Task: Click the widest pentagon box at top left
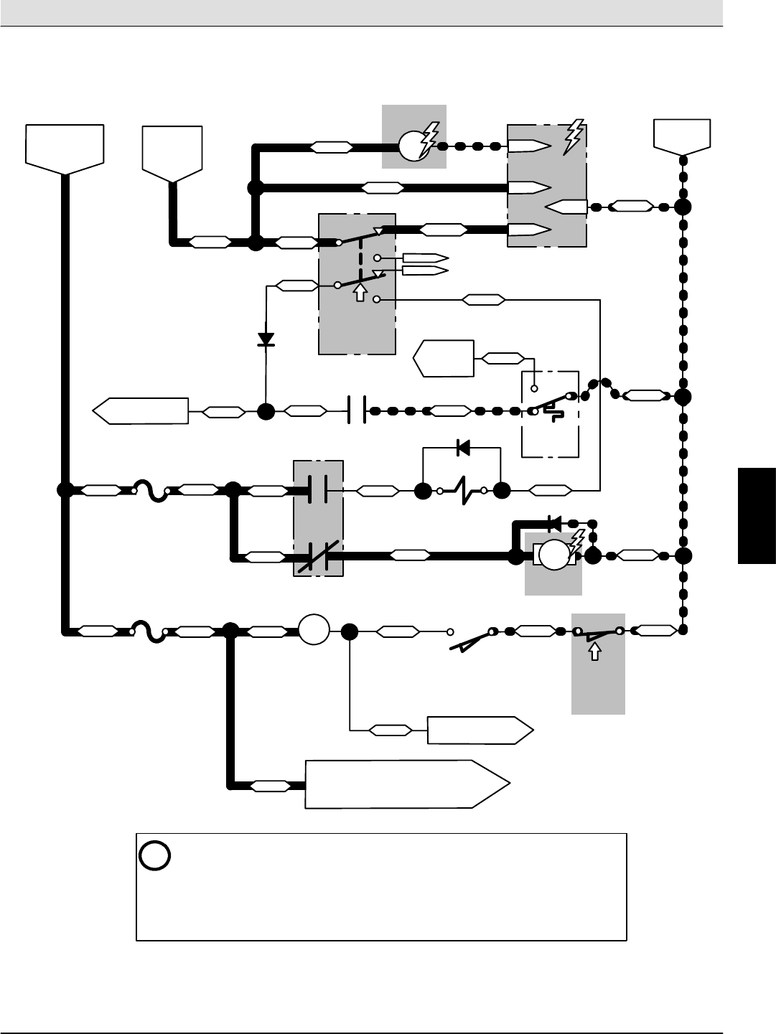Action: [65, 148]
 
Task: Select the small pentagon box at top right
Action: [682, 136]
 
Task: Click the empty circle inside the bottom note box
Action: [155, 855]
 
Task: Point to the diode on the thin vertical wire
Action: [266, 339]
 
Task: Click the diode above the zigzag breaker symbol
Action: [463, 448]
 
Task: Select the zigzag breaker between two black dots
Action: [462, 492]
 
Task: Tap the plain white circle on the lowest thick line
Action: [314, 631]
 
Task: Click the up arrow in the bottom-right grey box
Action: [594, 651]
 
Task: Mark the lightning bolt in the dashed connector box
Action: [574, 136]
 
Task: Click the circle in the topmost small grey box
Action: [413, 146]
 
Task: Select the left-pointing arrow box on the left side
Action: [141, 411]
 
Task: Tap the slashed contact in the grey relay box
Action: [318, 556]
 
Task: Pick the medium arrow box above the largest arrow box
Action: [480, 730]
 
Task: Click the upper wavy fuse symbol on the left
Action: [151, 492]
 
